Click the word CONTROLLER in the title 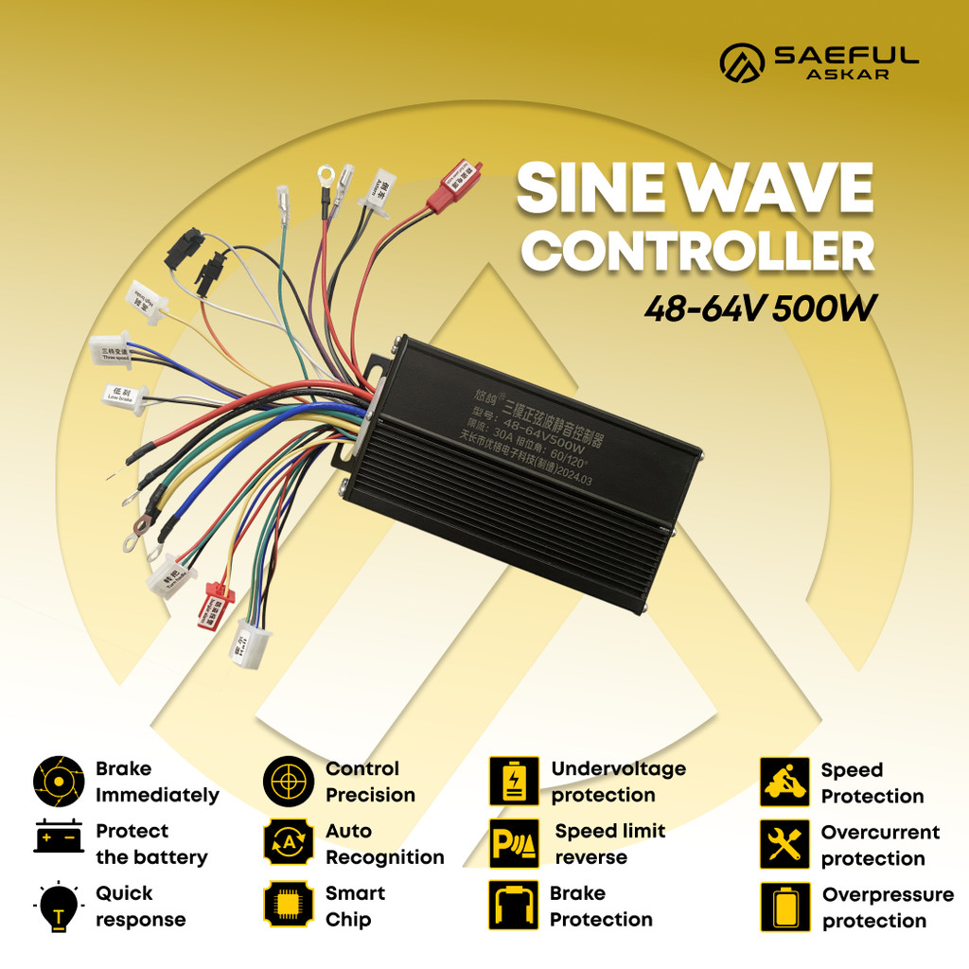coord(698,253)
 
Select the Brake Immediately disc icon coord(59,781)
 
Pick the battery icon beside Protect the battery coord(59,837)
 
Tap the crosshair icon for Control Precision coord(288,781)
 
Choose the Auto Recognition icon coord(288,843)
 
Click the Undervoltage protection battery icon coord(514,781)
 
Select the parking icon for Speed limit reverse coord(514,843)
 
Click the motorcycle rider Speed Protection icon coord(784,782)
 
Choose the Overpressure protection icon coord(784,907)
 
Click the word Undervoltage coord(618,768)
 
